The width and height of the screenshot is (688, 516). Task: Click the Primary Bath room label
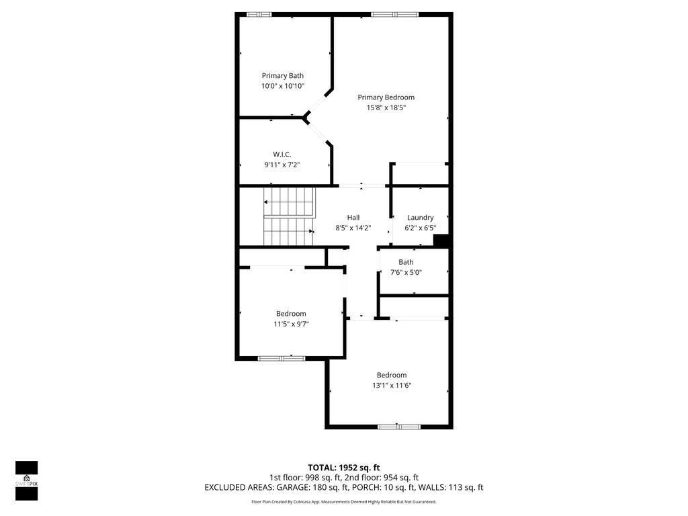click(x=283, y=76)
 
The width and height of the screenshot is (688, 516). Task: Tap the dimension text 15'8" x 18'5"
click(x=386, y=107)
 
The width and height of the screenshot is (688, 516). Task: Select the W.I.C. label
click(x=282, y=155)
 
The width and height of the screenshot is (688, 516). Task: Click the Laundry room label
click(x=420, y=218)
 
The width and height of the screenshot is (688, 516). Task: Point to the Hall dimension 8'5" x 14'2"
click(x=353, y=228)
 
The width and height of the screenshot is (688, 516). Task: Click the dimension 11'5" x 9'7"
click(x=291, y=324)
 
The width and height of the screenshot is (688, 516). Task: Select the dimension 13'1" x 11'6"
click(x=392, y=386)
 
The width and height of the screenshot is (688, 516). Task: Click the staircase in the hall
click(x=288, y=217)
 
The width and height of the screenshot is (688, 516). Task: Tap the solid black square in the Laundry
click(x=441, y=241)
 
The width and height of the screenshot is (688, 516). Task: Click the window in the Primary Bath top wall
click(x=259, y=14)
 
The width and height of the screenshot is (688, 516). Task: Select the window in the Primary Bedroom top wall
click(x=394, y=14)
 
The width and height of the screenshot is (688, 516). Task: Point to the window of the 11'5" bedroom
click(x=282, y=358)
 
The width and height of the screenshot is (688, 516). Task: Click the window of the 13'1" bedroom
click(x=398, y=426)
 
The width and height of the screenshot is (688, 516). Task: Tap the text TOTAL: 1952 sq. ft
click(x=343, y=468)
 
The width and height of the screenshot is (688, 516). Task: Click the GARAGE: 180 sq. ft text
click(x=324, y=488)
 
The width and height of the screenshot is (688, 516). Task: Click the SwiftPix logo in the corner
click(x=27, y=480)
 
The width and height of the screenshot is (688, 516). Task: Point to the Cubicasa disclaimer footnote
click(x=343, y=502)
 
